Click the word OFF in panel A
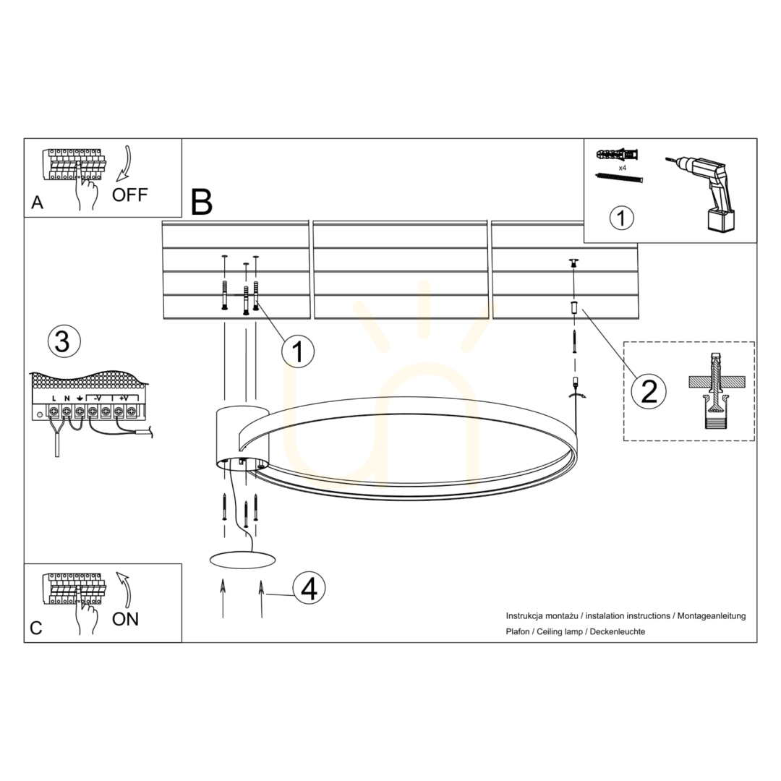click(x=129, y=195)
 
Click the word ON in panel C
click(x=126, y=619)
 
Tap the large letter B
click(x=202, y=202)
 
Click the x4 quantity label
click(x=622, y=168)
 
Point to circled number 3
click(x=64, y=341)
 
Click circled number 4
click(x=309, y=588)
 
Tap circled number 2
click(x=649, y=391)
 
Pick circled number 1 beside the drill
click(x=622, y=218)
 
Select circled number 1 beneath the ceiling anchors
click(x=298, y=351)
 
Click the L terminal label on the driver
click(x=54, y=398)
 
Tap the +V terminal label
click(x=124, y=398)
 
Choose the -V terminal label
click(x=98, y=398)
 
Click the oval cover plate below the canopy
click(x=242, y=559)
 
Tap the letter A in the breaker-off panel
click(x=37, y=202)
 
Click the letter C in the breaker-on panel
click(x=36, y=628)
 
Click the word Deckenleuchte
click(x=618, y=631)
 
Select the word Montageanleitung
click(x=712, y=616)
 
